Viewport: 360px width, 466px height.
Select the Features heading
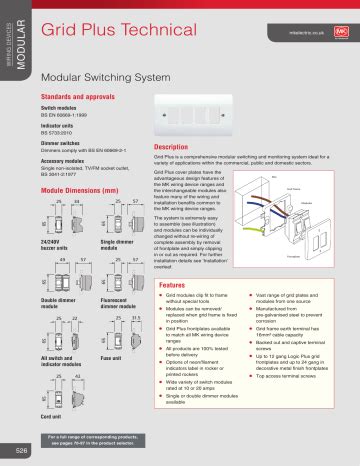173,257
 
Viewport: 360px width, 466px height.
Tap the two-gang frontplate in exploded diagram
324,219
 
